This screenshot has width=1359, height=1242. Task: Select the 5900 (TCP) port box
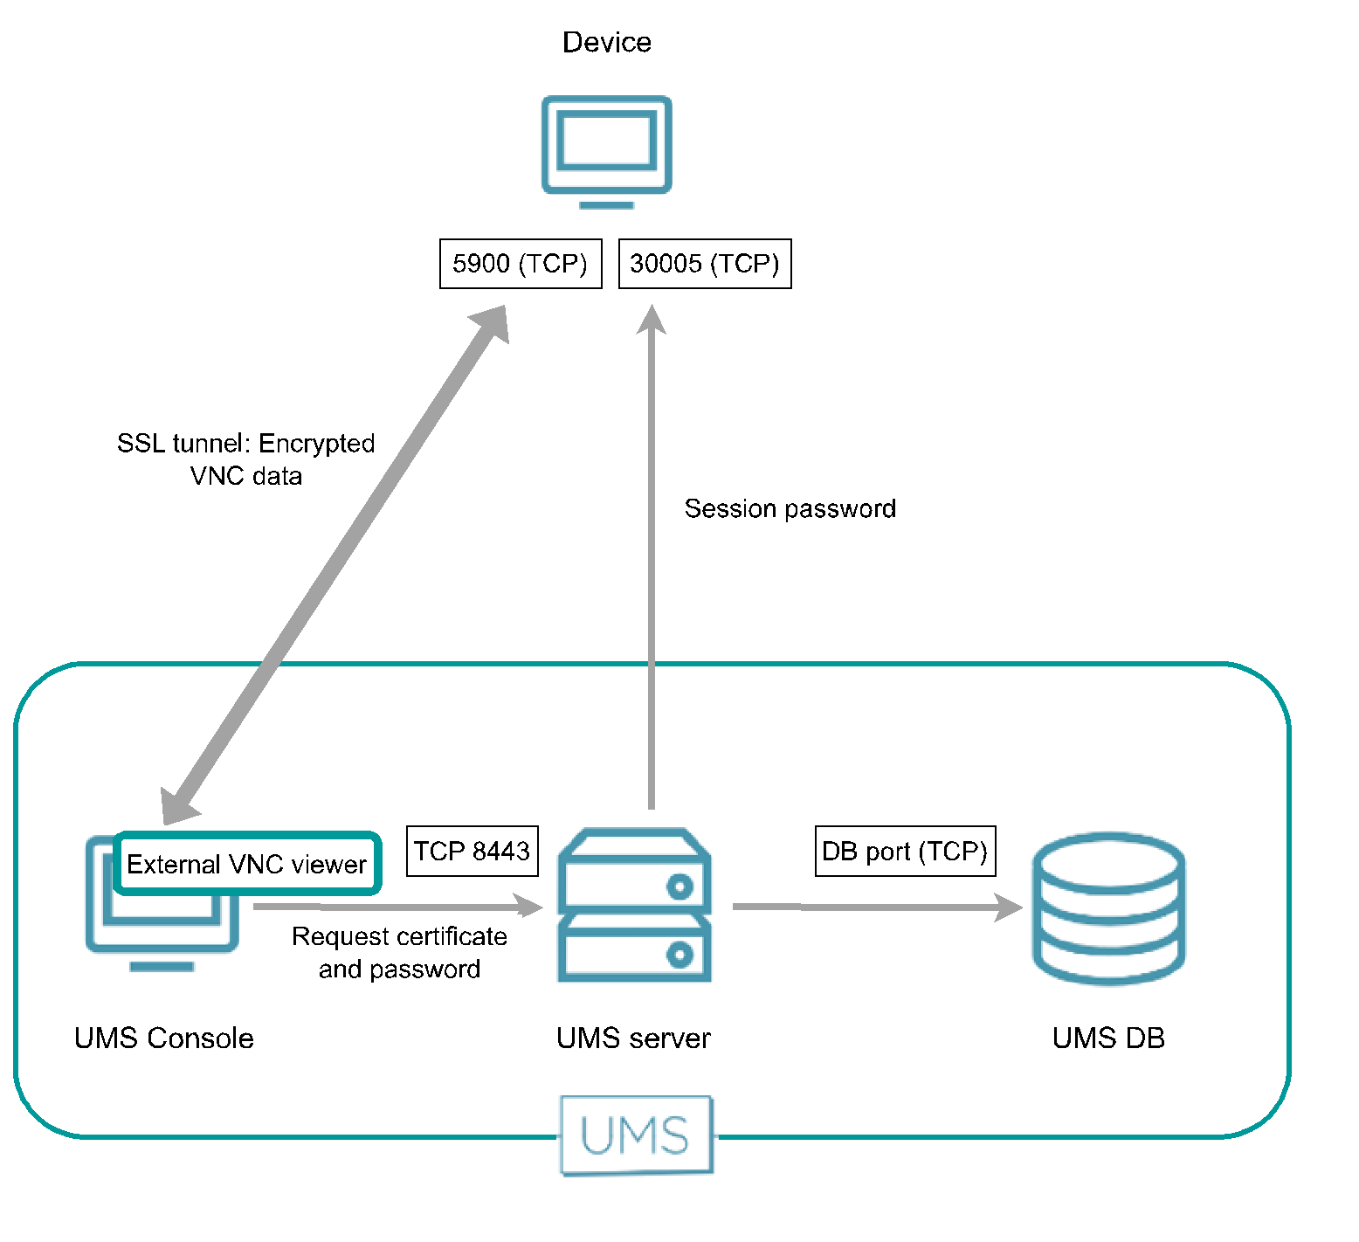(x=521, y=263)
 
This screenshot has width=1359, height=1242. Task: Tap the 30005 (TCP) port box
(x=704, y=263)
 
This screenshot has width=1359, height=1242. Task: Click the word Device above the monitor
(x=606, y=42)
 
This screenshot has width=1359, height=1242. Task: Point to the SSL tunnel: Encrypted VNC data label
(x=246, y=459)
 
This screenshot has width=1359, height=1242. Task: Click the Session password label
(x=790, y=508)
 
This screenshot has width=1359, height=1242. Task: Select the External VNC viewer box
(x=247, y=864)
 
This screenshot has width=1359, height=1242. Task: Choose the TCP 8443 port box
(x=472, y=851)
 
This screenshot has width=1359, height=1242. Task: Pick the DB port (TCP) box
(x=905, y=851)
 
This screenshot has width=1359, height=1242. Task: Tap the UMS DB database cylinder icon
(x=1108, y=908)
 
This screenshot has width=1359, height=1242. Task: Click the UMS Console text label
(x=164, y=1038)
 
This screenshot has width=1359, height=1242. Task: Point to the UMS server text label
(x=633, y=1038)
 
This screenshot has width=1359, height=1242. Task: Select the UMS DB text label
(x=1108, y=1038)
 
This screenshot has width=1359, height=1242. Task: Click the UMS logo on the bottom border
(x=636, y=1135)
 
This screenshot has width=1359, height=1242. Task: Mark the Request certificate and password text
(x=399, y=953)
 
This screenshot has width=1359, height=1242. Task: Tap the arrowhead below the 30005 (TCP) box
(x=652, y=320)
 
